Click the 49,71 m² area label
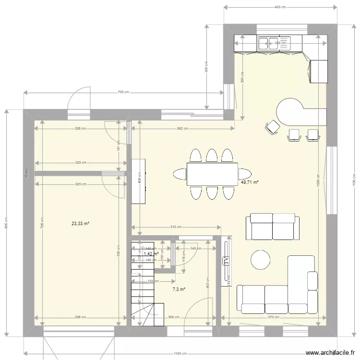click(x=250, y=183)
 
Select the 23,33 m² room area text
click(x=81, y=223)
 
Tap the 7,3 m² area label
click(x=179, y=289)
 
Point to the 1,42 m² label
click(x=151, y=253)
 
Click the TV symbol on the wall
click(x=226, y=262)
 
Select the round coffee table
click(x=261, y=260)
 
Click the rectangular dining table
click(x=212, y=174)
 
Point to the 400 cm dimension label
click(x=280, y=8)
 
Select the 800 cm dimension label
click(x=6, y=222)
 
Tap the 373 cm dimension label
click(x=273, y=317)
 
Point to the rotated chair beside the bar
click(x=272, y=127)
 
